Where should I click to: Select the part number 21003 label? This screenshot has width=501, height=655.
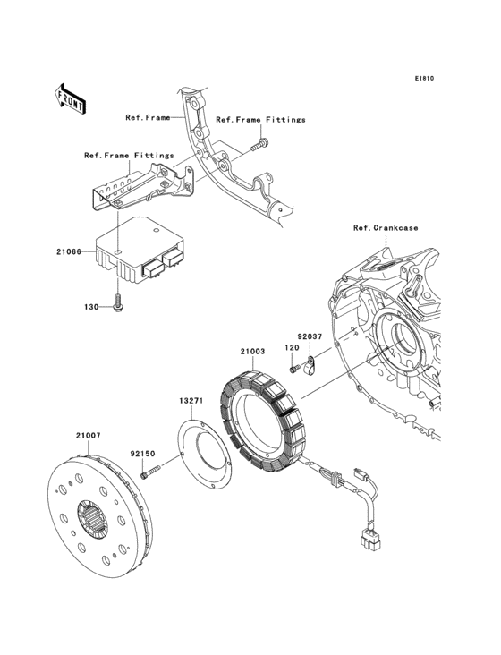[x=252, y=353]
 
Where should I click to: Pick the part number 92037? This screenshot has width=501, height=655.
[x=310, y=337]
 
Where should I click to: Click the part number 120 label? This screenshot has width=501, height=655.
[x=291, y=347]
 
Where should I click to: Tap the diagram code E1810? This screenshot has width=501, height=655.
[x=423, y=79]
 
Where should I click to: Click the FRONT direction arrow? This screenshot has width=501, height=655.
[x=72, y=98]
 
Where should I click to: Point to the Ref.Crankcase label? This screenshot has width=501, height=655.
[x=385, y=228]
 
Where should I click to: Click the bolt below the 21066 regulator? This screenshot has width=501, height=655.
[x=117, y=305]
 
